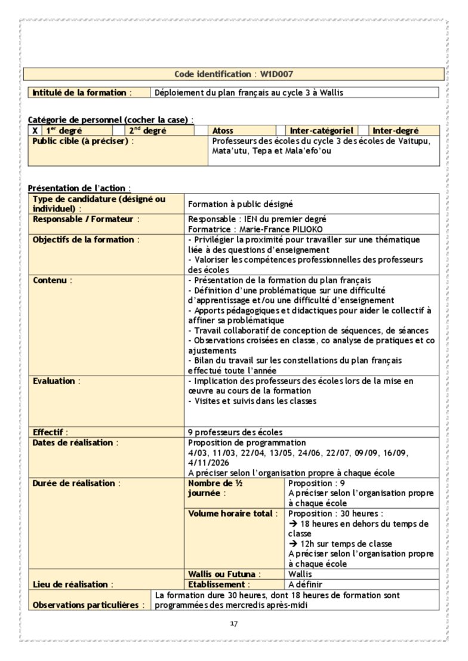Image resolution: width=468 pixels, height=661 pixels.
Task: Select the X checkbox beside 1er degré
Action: click(x=35, y=130)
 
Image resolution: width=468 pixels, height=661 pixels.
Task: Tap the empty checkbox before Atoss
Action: click(x=202, y=130)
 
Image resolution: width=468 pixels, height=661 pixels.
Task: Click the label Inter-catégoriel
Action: click(x=322, y=130)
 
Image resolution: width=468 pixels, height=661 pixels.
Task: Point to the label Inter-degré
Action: click(x=396, y=130)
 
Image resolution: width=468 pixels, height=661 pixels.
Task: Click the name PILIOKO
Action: click(x=309, y=229)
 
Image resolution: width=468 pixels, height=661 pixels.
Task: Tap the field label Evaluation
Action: click(x=55, y=381)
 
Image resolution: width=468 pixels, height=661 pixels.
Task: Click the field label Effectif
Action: click(x=50, y=432)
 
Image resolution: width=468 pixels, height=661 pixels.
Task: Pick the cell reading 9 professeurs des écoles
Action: click(x=235, y=432)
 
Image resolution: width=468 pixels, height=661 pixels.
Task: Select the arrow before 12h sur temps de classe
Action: click(x=292, y=544)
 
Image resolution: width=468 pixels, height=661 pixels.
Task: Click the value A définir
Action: click(x=305, y=585)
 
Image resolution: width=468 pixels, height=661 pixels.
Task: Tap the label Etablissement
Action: click(x=217, y=585)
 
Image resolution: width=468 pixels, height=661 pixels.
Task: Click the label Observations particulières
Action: click(x=88, y=605)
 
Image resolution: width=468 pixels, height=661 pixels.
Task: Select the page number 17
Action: click(x=234, y=624)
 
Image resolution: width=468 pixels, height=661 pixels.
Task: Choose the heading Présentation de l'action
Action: click(x=79, y=188)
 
